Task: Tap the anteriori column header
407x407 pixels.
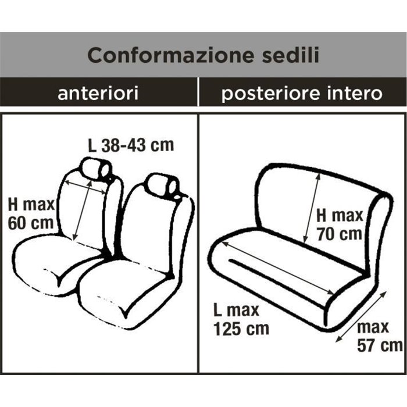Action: (98, 93)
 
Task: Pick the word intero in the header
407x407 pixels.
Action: (356, 93)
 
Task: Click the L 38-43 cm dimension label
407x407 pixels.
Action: (131, 144)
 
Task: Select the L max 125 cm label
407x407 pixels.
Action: (241, 319)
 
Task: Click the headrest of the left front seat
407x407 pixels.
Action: (96, 169)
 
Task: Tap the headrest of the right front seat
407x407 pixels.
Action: (162, 185)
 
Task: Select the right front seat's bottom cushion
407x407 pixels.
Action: (122, 294)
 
